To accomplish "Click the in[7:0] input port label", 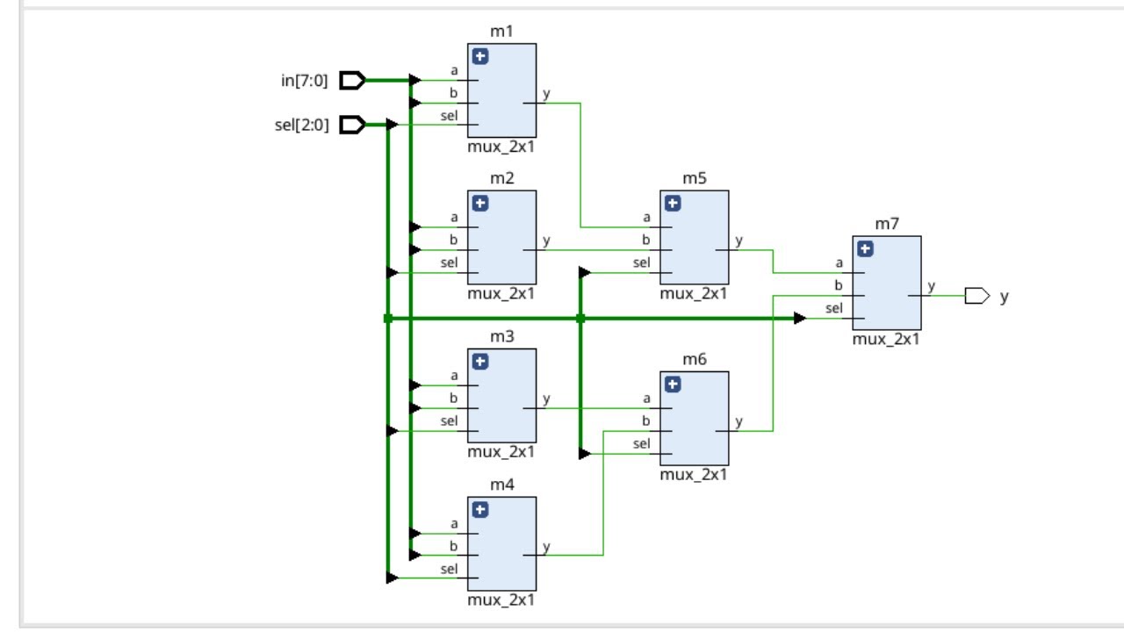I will (305, 82).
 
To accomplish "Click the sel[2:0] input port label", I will (302, 126).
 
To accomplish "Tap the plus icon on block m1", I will (480, 57).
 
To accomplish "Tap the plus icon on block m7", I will (865, 249).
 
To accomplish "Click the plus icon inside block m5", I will (673, 204).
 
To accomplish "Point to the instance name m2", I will (501, 179).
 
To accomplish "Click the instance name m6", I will (694, 360).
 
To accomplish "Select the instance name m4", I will (501, 485).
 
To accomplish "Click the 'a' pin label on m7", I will (839, 262).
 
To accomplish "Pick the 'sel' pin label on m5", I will (641, 262).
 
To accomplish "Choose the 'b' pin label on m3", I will (454, 398).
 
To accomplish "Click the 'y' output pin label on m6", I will (739, 421).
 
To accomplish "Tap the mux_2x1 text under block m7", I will (886, 340).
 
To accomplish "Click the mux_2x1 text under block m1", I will (501, 147).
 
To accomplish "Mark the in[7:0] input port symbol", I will (352, 81).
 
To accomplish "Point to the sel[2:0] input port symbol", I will (352, 126).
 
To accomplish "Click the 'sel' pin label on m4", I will (449, 569).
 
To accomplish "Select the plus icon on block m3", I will (480, 362).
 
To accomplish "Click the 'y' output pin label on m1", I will (546, 94).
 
